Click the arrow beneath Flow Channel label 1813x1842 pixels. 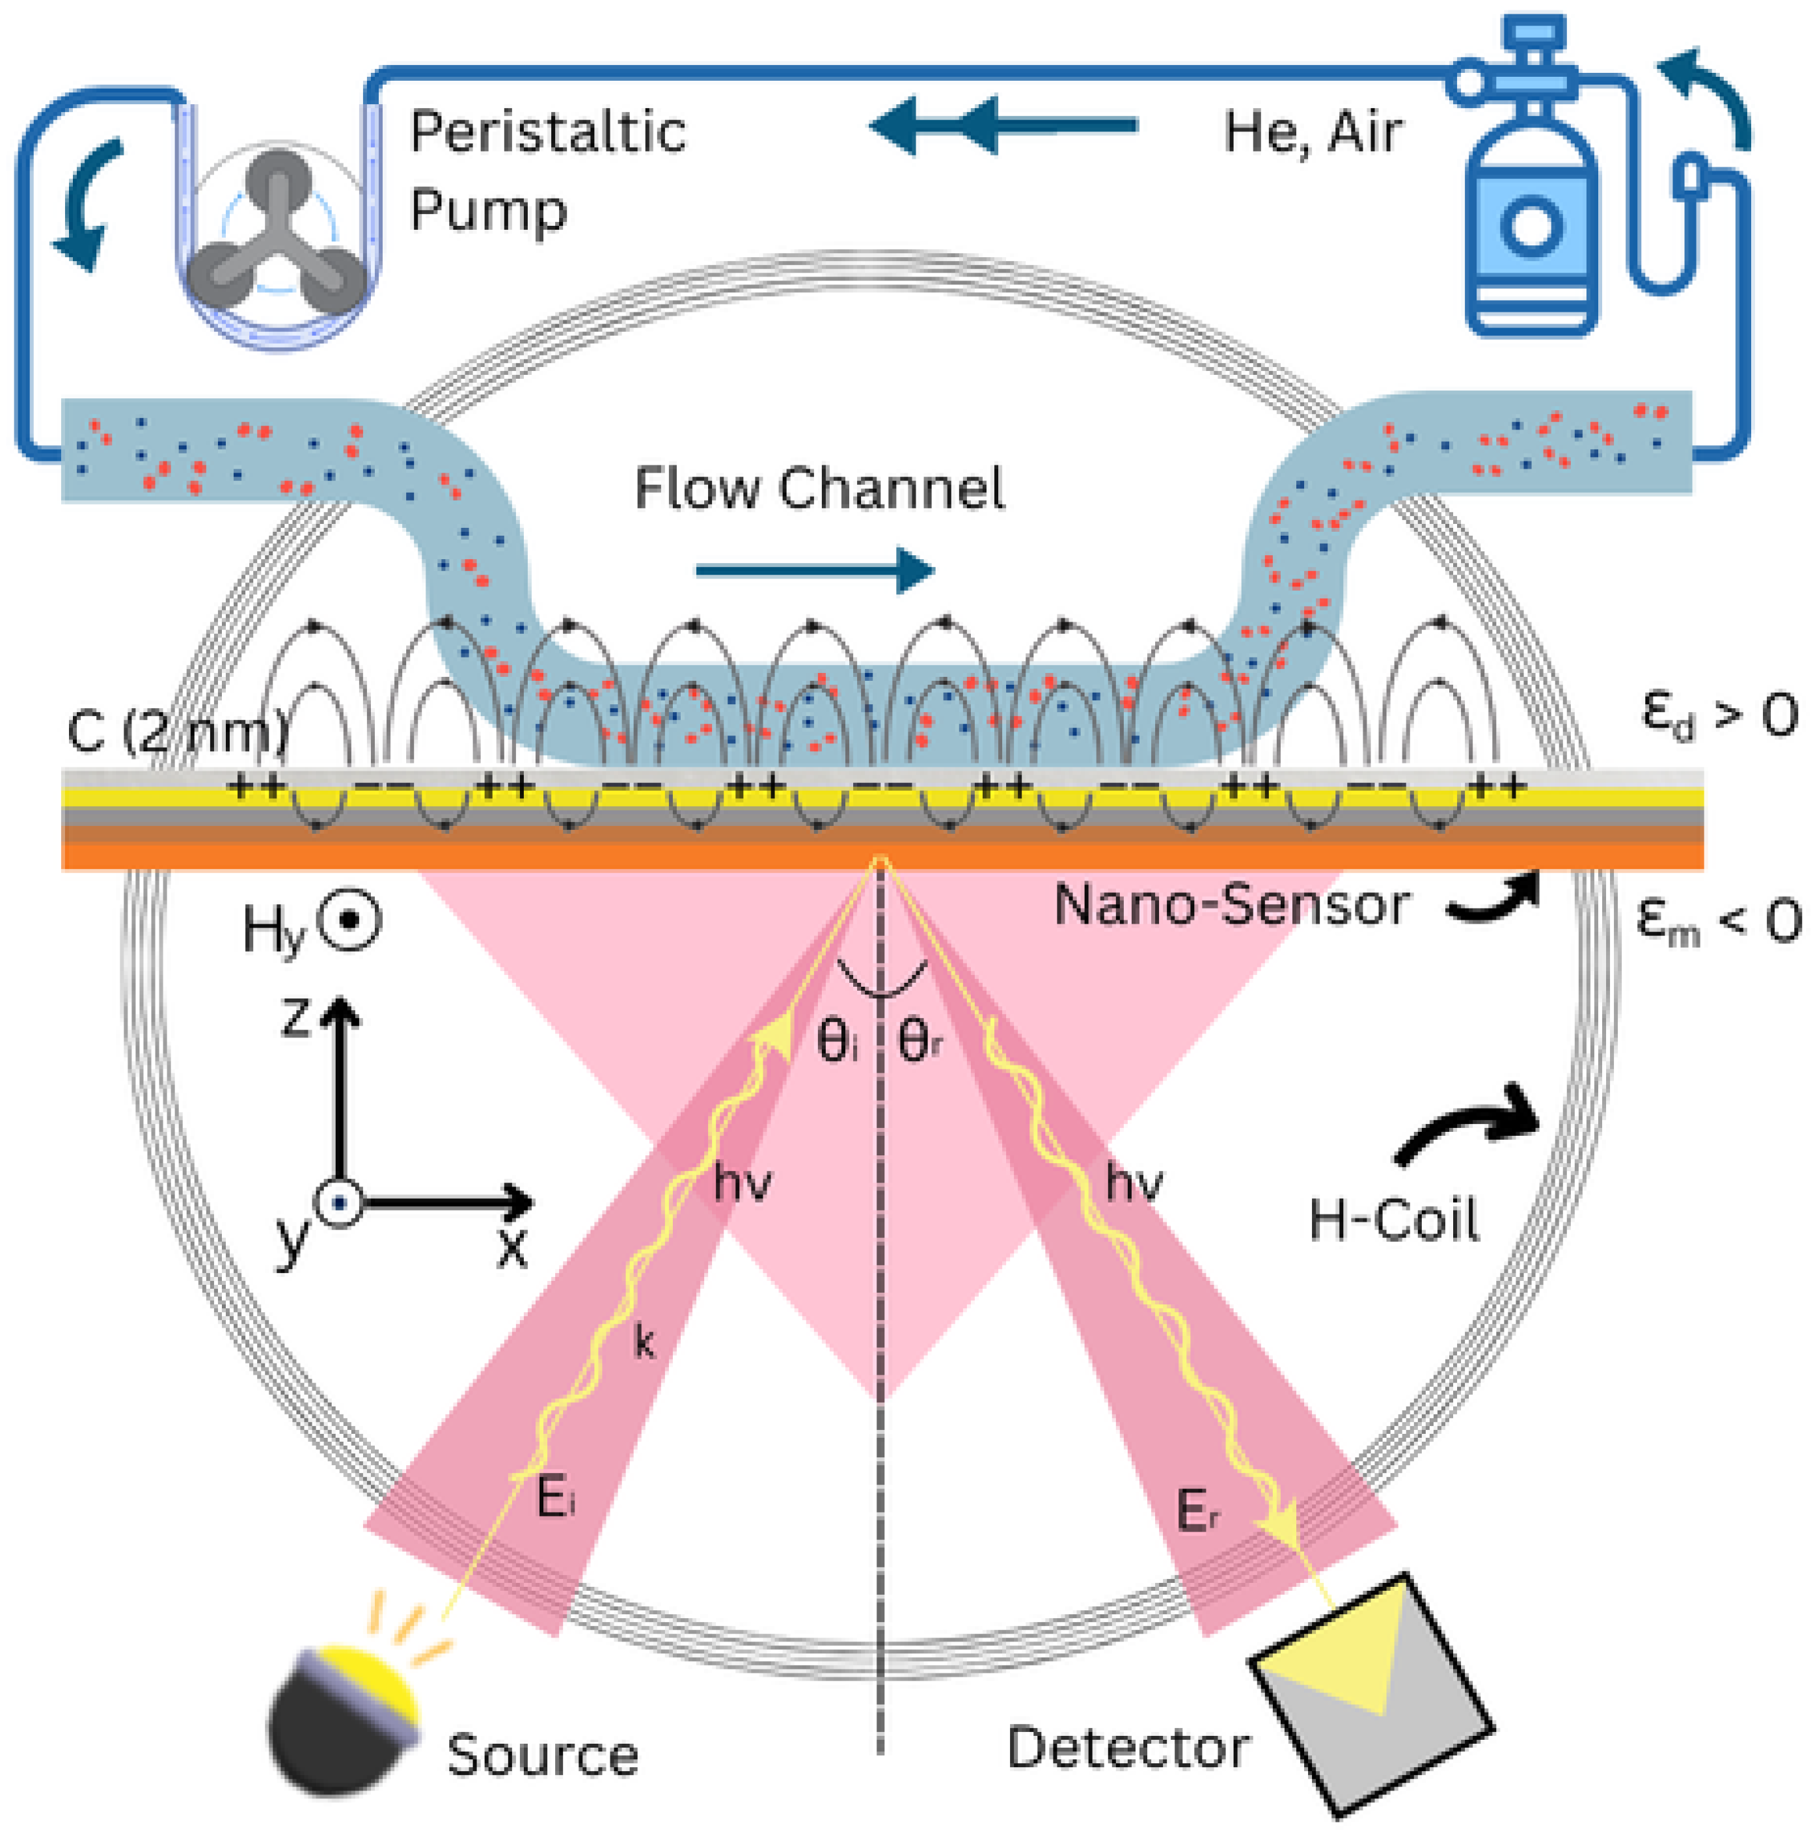814,571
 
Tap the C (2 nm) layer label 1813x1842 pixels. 176,732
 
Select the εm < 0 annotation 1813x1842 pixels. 1718,920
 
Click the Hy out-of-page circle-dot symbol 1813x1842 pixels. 349,920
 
